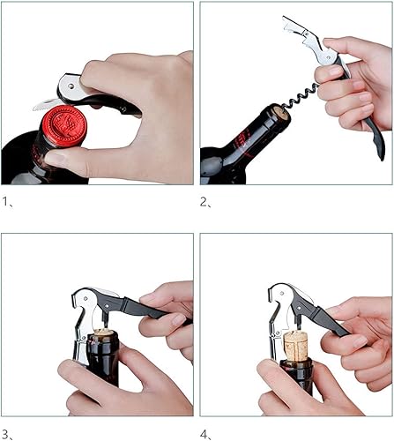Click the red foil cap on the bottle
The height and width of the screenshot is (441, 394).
click(x=64, y=125)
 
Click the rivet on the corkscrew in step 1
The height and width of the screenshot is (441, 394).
click(x=71, y=86)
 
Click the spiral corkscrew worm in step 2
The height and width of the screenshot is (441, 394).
click(x=301, y=95)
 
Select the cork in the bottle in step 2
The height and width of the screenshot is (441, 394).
click(x=280, y=115)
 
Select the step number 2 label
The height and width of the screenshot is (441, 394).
click(x=205, y=202)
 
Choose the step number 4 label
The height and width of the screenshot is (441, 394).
click(x=205, y=434)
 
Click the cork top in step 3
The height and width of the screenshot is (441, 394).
click(x=103, y=333)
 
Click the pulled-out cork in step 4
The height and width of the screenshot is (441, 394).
click(x=295, y=345)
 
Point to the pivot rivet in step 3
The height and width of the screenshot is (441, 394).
click(x=85, y=298)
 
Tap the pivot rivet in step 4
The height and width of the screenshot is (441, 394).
click(x=282, y=293)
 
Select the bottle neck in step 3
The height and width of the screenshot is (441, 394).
click(x=103, y=357)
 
